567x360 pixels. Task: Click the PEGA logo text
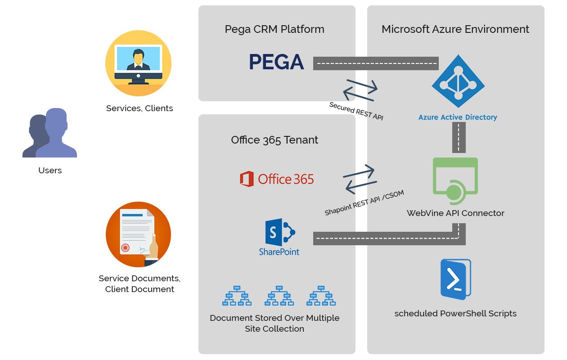(276, 62)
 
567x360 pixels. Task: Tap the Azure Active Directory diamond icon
(458, 81)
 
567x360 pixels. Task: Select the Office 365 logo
(277, 179)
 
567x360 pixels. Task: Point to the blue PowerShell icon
(455, 279)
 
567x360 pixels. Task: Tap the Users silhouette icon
(49, 133)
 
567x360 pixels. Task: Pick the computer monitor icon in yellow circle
(138, 63)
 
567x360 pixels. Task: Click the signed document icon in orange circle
(138, 234)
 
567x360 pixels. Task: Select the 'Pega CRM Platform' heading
(274, 29)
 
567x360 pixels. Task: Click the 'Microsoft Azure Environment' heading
(455, 29)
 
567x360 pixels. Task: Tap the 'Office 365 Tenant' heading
(274, 140)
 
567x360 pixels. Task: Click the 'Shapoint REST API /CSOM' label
(364, 203)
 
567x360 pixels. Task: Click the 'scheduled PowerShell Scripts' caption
(455, 314)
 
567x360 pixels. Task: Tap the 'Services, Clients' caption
(139, 108)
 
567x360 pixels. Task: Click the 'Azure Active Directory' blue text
(458, 117)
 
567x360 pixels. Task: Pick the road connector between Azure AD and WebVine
(459, 137)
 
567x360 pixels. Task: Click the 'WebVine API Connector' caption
(455, 213)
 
